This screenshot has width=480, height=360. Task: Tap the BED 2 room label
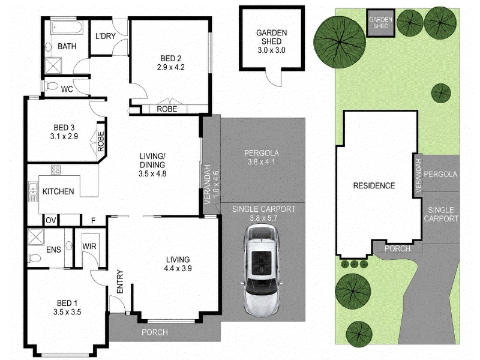[x=171, y=58]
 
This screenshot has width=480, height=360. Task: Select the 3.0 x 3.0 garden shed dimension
[x=272, y=50]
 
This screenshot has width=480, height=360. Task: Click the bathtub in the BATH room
[x=67, y=28]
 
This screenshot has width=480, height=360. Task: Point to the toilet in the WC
[x=51, y=86]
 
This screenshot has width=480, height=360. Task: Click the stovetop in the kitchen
[x=56, y=170]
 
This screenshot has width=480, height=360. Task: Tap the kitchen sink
[x=33, y=191]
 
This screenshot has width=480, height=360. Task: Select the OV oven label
[x=51, y=220]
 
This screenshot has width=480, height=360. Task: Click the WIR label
[x=89, y=246]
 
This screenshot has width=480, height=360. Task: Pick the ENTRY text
[x=120, y=281]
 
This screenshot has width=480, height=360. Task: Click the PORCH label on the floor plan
[x=155, y=332]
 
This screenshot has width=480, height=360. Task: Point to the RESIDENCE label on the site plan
[x=374, y=185]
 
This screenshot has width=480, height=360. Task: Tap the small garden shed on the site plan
[x=380, y=23]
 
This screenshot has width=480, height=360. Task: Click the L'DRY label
[x=106, y=36]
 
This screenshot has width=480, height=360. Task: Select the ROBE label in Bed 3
[x=101, y=142]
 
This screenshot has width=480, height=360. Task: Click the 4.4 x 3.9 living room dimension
[x=178, y=268]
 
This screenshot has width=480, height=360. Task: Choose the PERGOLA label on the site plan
[x=440, y=174]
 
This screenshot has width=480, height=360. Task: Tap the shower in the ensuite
[x=36, y=237]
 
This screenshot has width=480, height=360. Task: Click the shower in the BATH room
[x=53, y=65]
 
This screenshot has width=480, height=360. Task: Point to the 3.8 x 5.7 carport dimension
[x=263, y=218]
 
